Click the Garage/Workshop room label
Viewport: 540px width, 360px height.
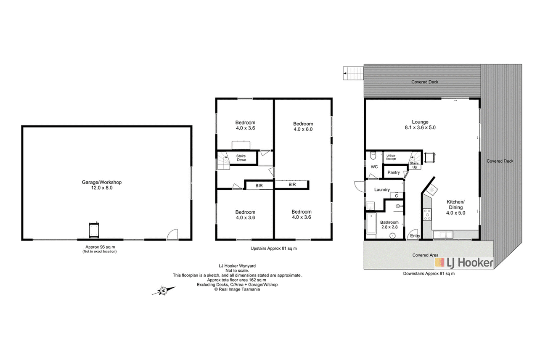pyautogui.click(x=101, y=182)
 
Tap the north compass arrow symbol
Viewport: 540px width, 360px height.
pyautogui.click(x=164, y=291)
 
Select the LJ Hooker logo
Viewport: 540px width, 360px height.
pyautogui.click(x=464, y=263)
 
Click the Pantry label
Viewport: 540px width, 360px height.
pyautogui.click(x=393, y=172)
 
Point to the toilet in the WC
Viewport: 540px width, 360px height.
pyautogui.click(x=373, y=156)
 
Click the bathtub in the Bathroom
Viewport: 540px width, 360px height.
pyautogui.click(x=371, y=223)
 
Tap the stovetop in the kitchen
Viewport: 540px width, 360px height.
pyautogui.click(x=427, y=214)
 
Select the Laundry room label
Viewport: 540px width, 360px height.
pyautogui.click(x=382, y=190)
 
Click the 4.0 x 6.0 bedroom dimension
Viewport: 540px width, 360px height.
pyautogui.click(x=303, y=129)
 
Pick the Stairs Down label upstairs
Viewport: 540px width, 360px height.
pyautogui.click(x=241, y=158)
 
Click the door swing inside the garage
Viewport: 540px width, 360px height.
pyautogui.click(x=172, y=234)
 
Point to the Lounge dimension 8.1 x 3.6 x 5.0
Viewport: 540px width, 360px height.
pyautogui.click(x=420, y=127)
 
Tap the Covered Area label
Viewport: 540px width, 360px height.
pyautogui.click(x=425, y=255)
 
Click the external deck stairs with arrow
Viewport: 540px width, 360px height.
pyautogui.click(x=353, y=73)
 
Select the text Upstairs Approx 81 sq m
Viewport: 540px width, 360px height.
pyautogui.click(x=274, y=249)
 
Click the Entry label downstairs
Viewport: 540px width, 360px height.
pyautogui.click(x=415, y=236)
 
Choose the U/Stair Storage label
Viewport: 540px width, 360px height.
pyautogui.click(x=391, y=157)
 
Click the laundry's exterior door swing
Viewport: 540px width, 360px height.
pyautogui.click(x=360, y=187)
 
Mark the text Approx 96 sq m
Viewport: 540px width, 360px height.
pyautogui.click(x=100, y=247)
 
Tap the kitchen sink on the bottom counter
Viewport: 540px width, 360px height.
pyautogui.click(x=443, y=235)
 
